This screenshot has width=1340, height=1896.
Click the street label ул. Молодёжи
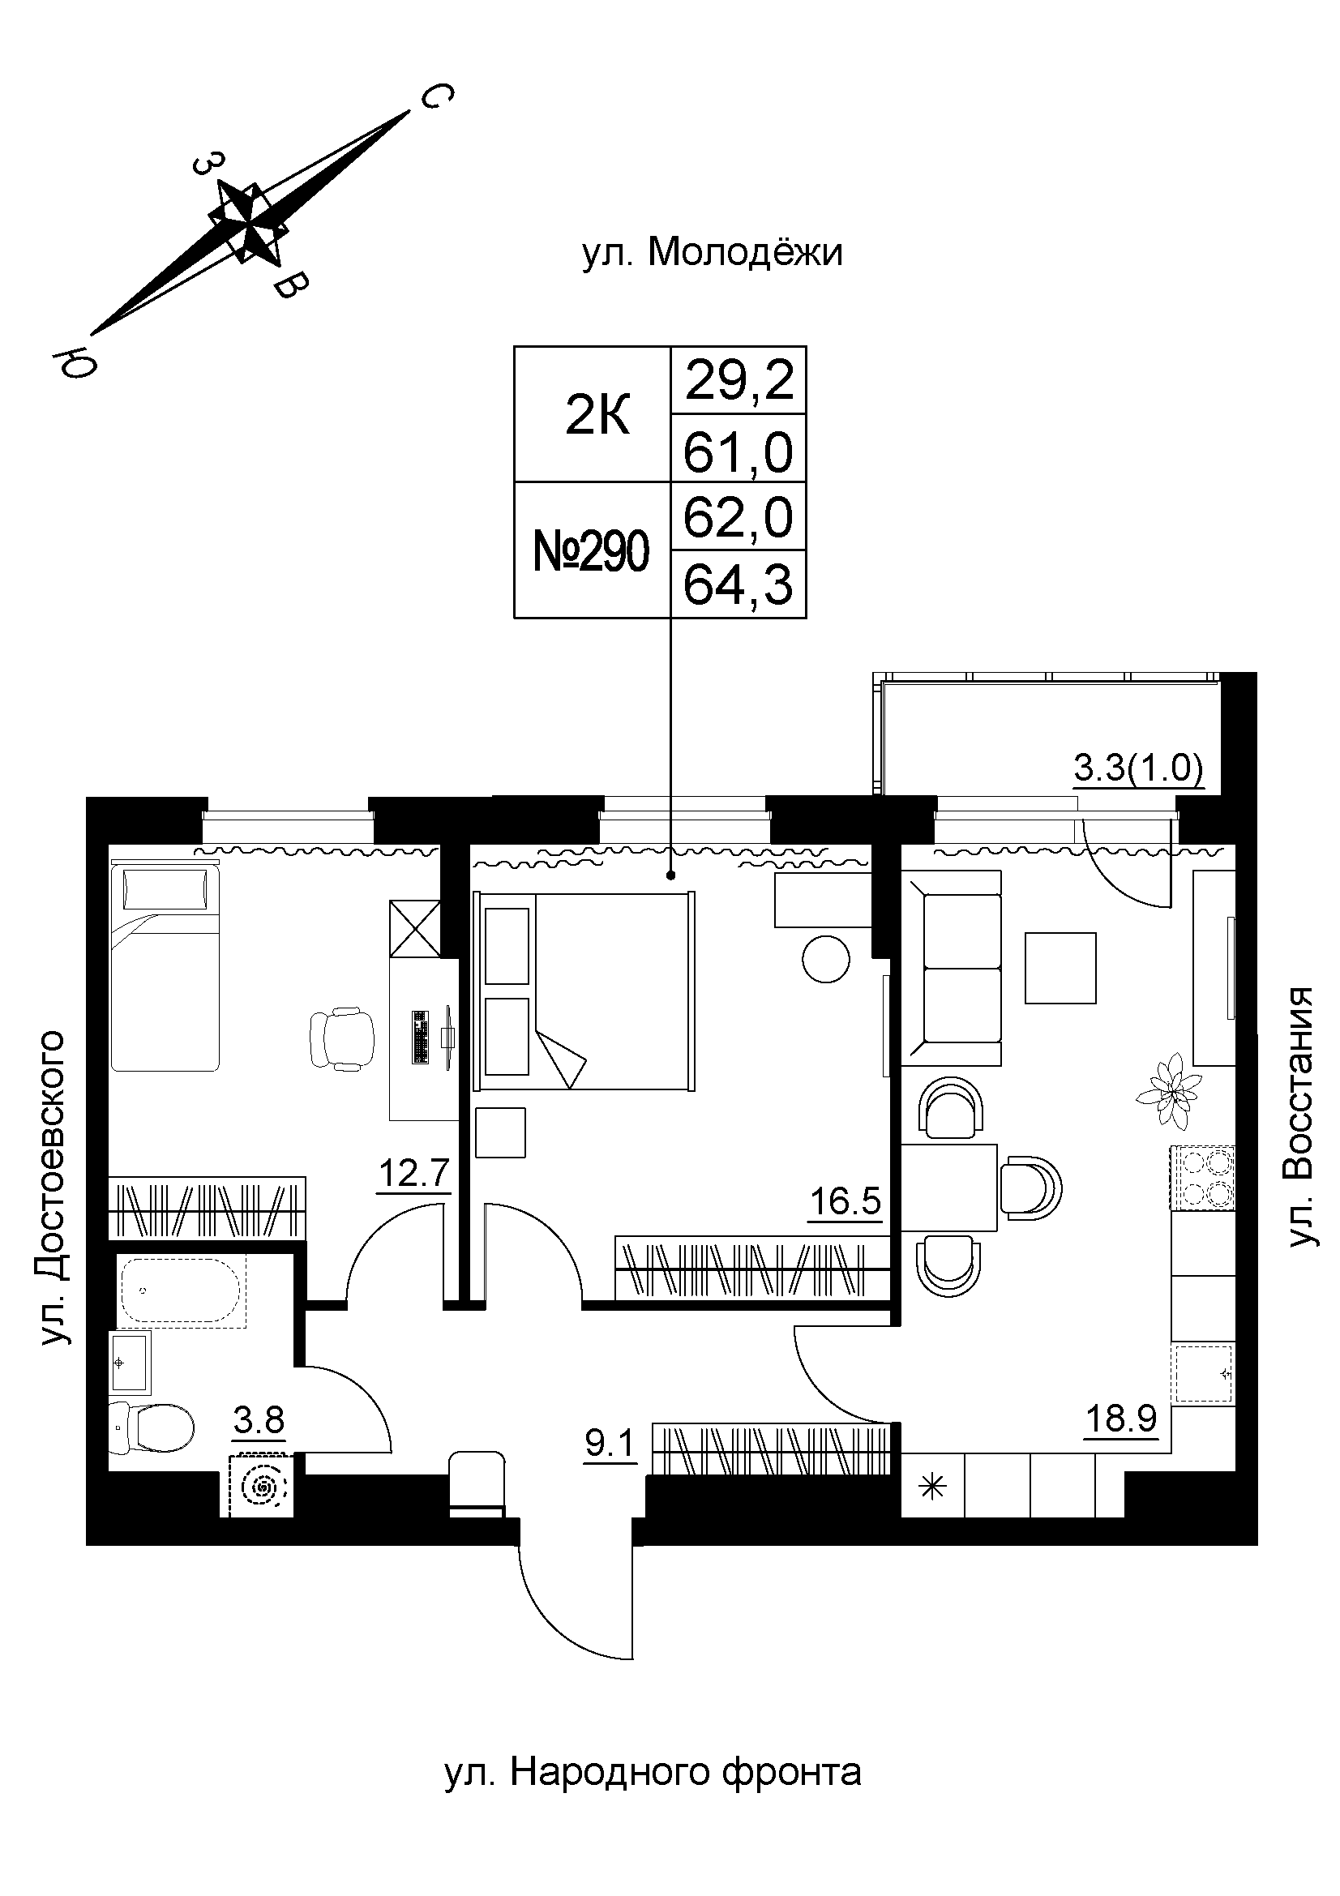[713, 254]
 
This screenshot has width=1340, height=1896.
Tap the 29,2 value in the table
[738, 382]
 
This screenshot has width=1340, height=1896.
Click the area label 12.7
[413, 1174]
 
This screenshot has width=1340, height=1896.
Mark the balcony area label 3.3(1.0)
[1138, 769]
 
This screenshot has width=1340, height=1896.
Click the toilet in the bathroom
[152, 1427]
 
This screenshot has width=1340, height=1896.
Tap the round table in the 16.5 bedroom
[825, 959]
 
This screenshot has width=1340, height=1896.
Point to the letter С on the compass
[435, 97]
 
